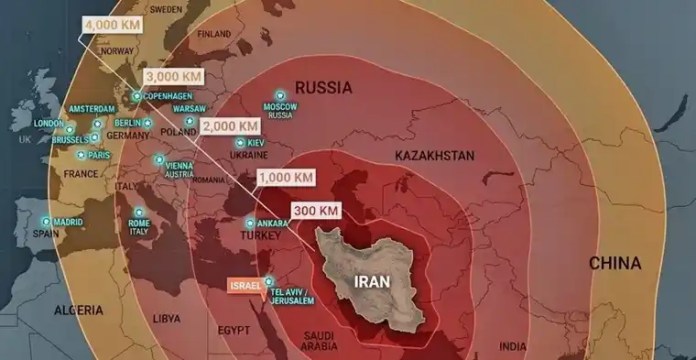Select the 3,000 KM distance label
point(174,76)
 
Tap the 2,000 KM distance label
point(231,126)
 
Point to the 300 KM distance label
point(315,210)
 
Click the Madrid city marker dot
point(46,220)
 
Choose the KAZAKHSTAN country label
point(433,157)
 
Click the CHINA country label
point(615,263)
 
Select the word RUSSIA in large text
point(324,87)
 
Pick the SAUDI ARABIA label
point(322,340)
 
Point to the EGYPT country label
point(235,329)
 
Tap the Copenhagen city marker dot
point(138,96)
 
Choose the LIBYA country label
point(167,317)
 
